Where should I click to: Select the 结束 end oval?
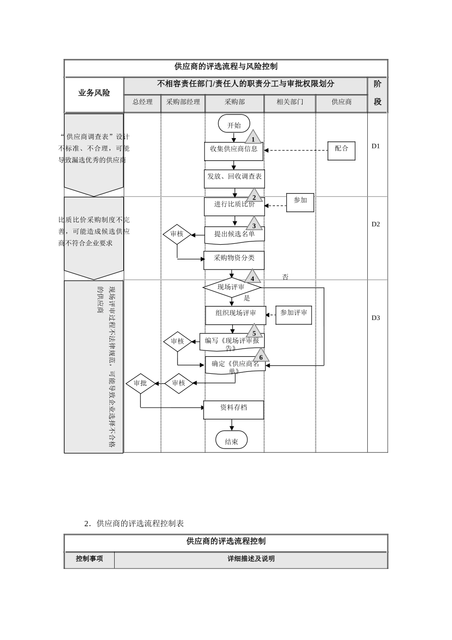[231, 440]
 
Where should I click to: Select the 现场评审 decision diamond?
[232, 288]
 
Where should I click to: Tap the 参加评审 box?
[294, 315]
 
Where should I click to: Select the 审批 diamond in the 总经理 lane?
[140, 383]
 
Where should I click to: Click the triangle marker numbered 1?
[253, 138]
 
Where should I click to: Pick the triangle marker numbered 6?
[260, 356]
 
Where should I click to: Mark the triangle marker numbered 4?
[253, 277]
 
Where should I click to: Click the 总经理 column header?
[142, 102]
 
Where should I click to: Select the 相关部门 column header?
[290, 102]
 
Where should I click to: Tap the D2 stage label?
[376, 224]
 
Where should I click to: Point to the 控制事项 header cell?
[89, 559]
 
